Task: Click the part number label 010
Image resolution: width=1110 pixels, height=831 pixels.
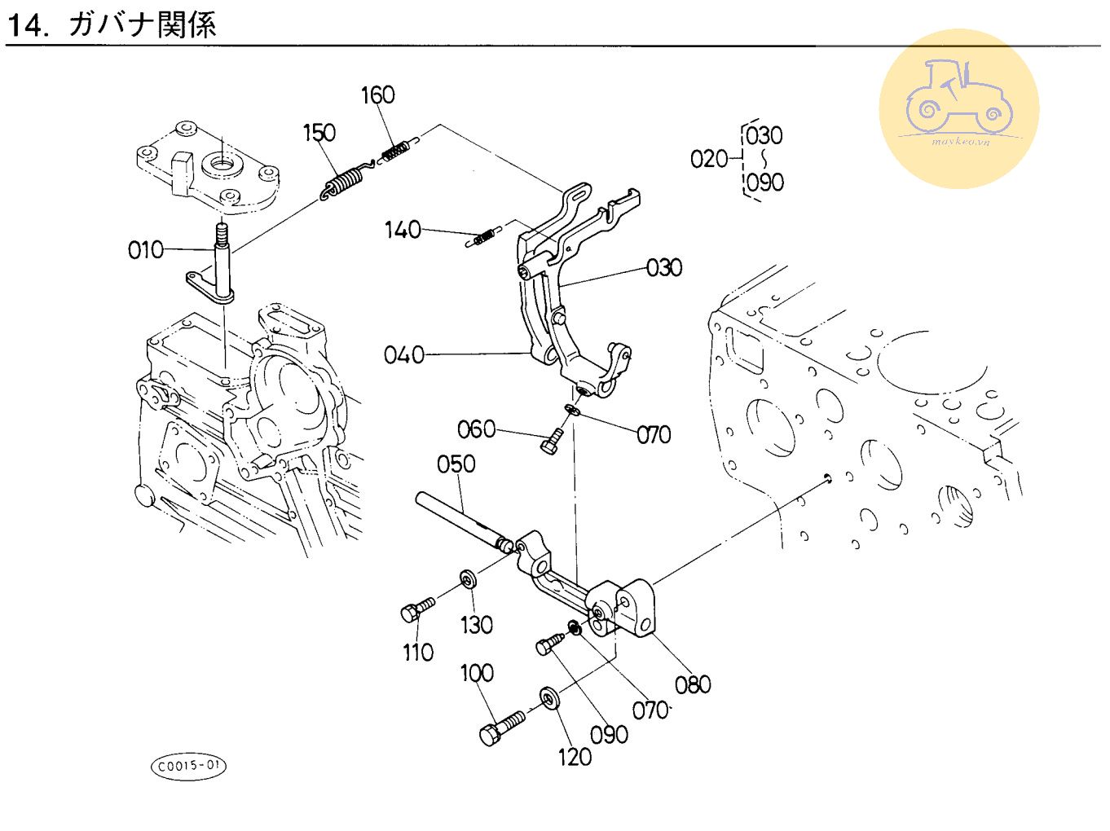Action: coord(145,249)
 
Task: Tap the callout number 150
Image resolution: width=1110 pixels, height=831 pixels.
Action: coord(319,132)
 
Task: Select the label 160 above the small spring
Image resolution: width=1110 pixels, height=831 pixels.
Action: coord(377,95)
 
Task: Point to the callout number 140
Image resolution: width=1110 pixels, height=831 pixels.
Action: coord(403,230)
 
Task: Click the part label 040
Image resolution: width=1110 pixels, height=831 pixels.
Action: coord(404,354)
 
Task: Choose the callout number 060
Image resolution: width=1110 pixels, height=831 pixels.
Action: coord(476,429)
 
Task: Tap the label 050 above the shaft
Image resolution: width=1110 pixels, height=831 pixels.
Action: coord(456,464)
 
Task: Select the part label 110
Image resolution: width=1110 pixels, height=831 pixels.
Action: coord(418,652)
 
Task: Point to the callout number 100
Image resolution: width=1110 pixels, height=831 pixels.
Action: coord(477,673)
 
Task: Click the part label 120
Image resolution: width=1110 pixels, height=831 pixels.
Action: coord(575,757)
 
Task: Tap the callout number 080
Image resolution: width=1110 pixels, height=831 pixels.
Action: coord(693,684)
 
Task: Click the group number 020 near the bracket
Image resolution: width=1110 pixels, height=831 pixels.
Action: coord(708,158)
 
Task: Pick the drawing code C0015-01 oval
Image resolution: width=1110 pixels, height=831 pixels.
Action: coord(188,766)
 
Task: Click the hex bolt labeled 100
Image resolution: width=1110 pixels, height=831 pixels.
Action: coord(502,728)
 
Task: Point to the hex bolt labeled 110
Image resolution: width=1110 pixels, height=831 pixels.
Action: coord(416,608)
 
